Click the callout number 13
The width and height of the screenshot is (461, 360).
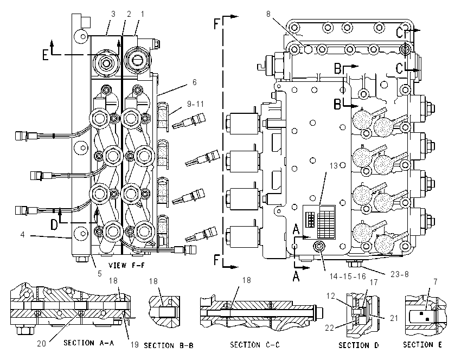click(334, 166)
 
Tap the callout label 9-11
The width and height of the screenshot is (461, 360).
click(195, 104)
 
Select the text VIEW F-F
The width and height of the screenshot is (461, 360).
click(127, 265)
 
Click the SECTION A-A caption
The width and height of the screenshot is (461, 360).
click(89, 343)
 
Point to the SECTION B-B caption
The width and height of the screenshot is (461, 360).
click(169, 345)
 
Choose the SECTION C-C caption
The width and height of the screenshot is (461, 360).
click(255, 344)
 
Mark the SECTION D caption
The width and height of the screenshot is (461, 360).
click(358, 345)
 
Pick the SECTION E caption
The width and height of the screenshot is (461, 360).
click(422, 344)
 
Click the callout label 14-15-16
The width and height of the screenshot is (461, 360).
click(348, 277)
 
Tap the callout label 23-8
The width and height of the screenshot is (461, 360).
click(400, 274)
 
